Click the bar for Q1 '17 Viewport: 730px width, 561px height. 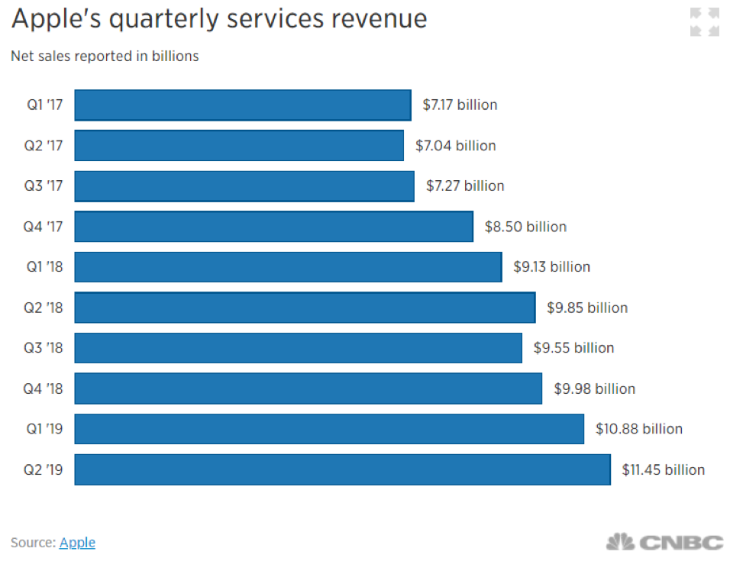243,105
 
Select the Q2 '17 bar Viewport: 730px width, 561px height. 239,146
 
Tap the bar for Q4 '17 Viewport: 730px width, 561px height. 273,227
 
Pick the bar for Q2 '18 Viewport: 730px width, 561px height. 305,308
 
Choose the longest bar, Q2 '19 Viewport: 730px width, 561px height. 342,469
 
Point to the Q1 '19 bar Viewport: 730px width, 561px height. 329,429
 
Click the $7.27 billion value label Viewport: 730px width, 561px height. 465,186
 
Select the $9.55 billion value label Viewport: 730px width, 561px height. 573,348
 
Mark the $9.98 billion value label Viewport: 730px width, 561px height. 594,389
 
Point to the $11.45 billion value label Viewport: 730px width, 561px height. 663,469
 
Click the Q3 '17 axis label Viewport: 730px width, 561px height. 44,186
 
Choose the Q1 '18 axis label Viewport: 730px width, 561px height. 44,267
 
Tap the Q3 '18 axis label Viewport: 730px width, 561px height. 44,348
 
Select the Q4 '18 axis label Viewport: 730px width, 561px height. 44,389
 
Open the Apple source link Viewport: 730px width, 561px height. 77,543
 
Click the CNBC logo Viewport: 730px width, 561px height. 664,542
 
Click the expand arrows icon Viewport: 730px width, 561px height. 704,22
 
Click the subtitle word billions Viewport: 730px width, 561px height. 175,56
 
